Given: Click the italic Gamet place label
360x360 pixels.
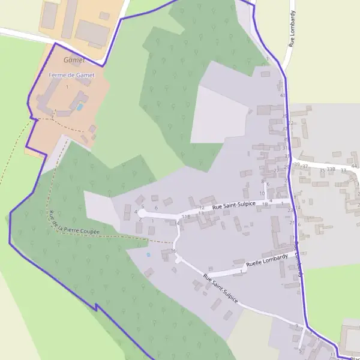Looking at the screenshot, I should pos(74,61).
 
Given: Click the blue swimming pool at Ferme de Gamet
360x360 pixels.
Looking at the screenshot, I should pos(79,107).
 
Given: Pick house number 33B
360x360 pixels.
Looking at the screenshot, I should pos(331,170).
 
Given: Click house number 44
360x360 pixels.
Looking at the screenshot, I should pos(354,166).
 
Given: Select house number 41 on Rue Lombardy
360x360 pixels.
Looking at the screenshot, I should pos(282,95).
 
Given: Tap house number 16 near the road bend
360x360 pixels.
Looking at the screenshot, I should pos(174,251).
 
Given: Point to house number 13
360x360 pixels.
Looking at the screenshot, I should pos(201,213).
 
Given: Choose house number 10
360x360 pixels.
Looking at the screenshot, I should pos(262,193).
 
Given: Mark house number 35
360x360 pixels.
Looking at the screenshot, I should pos(322,170).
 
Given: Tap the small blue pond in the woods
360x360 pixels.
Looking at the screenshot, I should pos(148,254).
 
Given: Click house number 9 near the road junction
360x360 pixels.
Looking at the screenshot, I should pos(296,326).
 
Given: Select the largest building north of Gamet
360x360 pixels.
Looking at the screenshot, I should pos(92,31).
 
